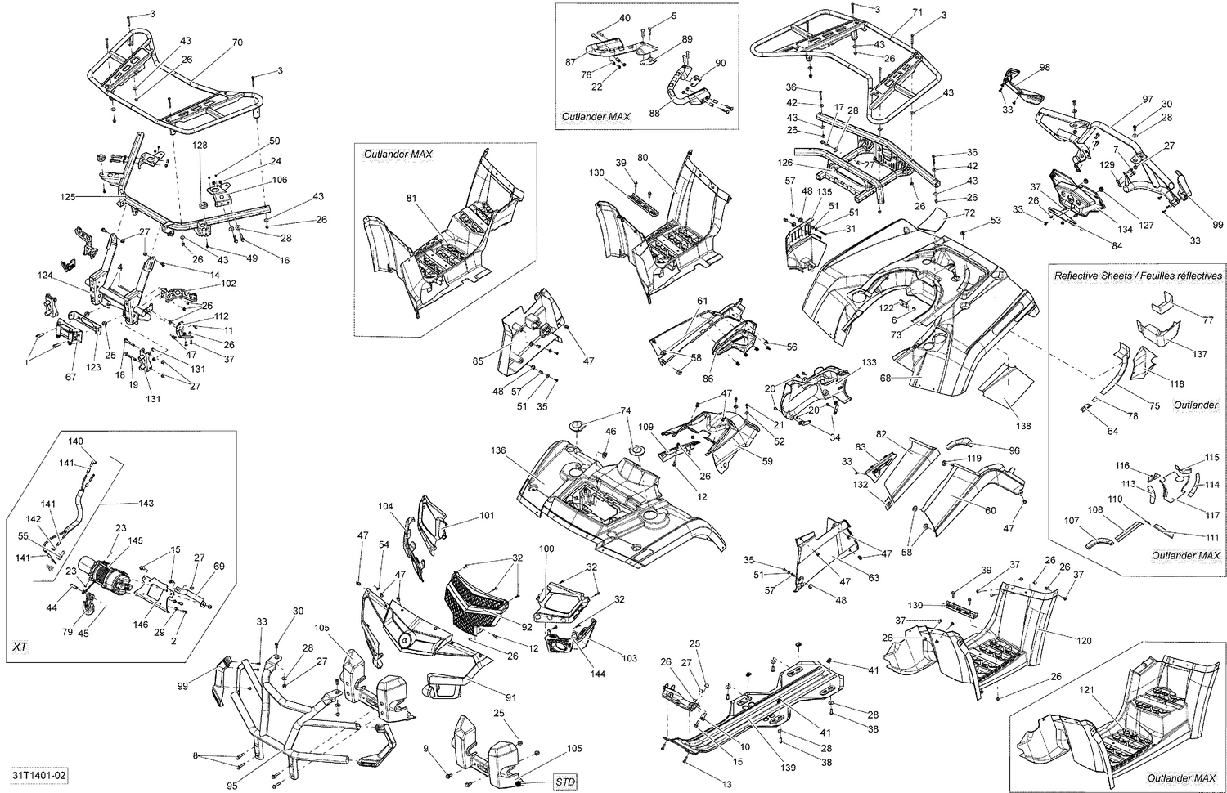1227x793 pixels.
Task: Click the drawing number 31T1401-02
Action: pyautogui.click(x=38, y=773)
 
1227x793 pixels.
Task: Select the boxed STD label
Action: pyautogui.click(x=564, y=782)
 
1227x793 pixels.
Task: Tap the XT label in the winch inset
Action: pyautogui.click(x=20, y=646)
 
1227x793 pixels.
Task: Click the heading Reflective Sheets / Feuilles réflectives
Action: pyautogui.click(x=1138, y=276)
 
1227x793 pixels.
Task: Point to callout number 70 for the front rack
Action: pyautogui.click(x=237, y=42)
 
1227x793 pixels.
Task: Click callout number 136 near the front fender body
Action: pyautogui.click(x=498, y=450)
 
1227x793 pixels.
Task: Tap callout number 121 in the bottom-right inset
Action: pyautogui.click(x=1085, y=691)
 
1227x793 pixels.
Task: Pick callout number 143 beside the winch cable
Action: pyautogui.click(x=146, y=503)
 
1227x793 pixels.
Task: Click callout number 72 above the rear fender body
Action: pyautogui.click(x=969, y=213)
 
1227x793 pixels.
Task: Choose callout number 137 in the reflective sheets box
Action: pyautogui.click(x=1199, y=354)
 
